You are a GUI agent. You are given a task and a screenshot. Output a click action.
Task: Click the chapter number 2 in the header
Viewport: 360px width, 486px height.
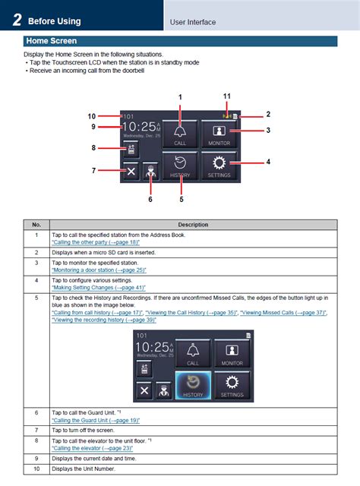pyautogui.click(x=16, y=20)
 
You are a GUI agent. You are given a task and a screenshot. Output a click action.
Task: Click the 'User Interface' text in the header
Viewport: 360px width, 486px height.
pyautogui.click(x=193, y=23)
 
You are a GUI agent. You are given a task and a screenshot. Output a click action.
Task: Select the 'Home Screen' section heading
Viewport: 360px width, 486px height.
pyautogui.click(x=50, y=42)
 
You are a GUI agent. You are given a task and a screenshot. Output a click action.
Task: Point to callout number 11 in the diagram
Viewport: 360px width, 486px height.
pyautogui.click(x=226, y=96)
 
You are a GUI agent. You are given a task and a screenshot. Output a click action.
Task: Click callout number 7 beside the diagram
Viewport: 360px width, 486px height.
pyautogui.click(x=94, y=171)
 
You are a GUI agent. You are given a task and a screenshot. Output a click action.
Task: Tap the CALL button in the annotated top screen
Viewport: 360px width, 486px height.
pyautogui.click(x=180, y=132)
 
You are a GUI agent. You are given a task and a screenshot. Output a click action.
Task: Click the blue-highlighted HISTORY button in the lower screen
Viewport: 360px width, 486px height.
pyautogui.click(x=194, y=385)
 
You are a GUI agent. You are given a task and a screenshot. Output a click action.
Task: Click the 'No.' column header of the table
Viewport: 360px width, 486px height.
pyautogui.click(x=36, y=225)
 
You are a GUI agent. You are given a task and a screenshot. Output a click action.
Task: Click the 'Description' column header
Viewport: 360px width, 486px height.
pyautogui.click(x=194, y=225)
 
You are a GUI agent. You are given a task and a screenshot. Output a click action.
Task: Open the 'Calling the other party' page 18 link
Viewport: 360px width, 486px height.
pyautogui.click(x=96, y=242)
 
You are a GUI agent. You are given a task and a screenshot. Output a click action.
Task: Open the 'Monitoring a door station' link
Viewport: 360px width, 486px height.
pyautogui.click(x=99, y=270)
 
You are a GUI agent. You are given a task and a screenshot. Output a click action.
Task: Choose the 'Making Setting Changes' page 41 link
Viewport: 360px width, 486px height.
pyautogui.click(x=98, y=288)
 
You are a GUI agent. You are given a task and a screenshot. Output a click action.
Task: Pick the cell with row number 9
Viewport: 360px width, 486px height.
pyautogui.click(x=36, y=459)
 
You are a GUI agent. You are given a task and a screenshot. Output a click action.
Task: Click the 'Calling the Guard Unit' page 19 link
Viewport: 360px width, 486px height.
pyautogui.click(x=96, y=420)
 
